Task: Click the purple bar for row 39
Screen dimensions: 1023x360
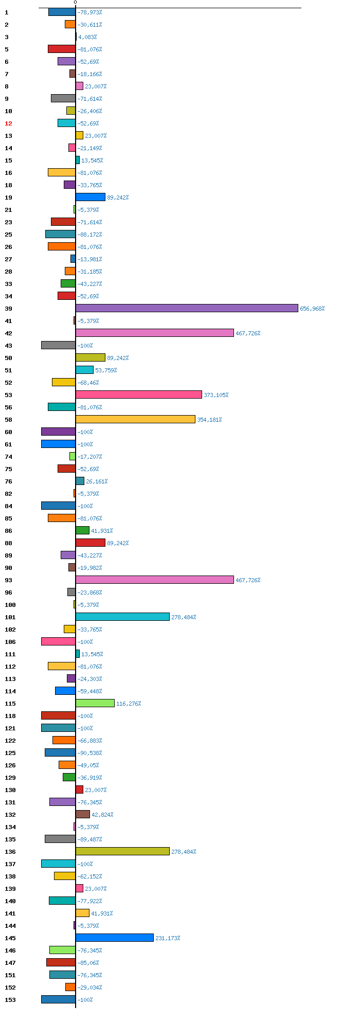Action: pos(187,308)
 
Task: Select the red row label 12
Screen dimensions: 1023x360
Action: pos(8,123)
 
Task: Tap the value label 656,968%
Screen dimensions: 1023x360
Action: pos(312,309)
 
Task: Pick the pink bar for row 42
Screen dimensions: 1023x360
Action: pos(154,333)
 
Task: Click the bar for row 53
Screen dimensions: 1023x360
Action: pos(138,394)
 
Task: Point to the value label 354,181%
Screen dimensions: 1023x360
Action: pos(209,420)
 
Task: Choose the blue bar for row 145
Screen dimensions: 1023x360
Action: pos(114,938)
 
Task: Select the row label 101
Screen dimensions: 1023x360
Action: pos(10,617)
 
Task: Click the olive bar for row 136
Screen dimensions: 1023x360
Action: pos(122,851)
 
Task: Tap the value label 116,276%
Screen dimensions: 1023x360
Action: pos(129,704)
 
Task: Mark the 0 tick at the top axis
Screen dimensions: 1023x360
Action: pos(75,3)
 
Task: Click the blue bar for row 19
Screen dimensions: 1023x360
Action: pos(90,197)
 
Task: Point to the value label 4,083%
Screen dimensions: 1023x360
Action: pos(87,37)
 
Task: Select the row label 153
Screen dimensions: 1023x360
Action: pos(10,1000)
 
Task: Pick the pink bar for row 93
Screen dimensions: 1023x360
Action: pos(154,580)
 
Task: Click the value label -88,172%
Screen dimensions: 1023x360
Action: pos(89,235)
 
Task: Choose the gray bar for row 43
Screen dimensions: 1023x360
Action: pos(58,345)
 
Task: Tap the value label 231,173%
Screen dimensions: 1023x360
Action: pos(168,938)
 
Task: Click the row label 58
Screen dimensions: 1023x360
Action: pos(8,420)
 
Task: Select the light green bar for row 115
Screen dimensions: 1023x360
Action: pos(95,703)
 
